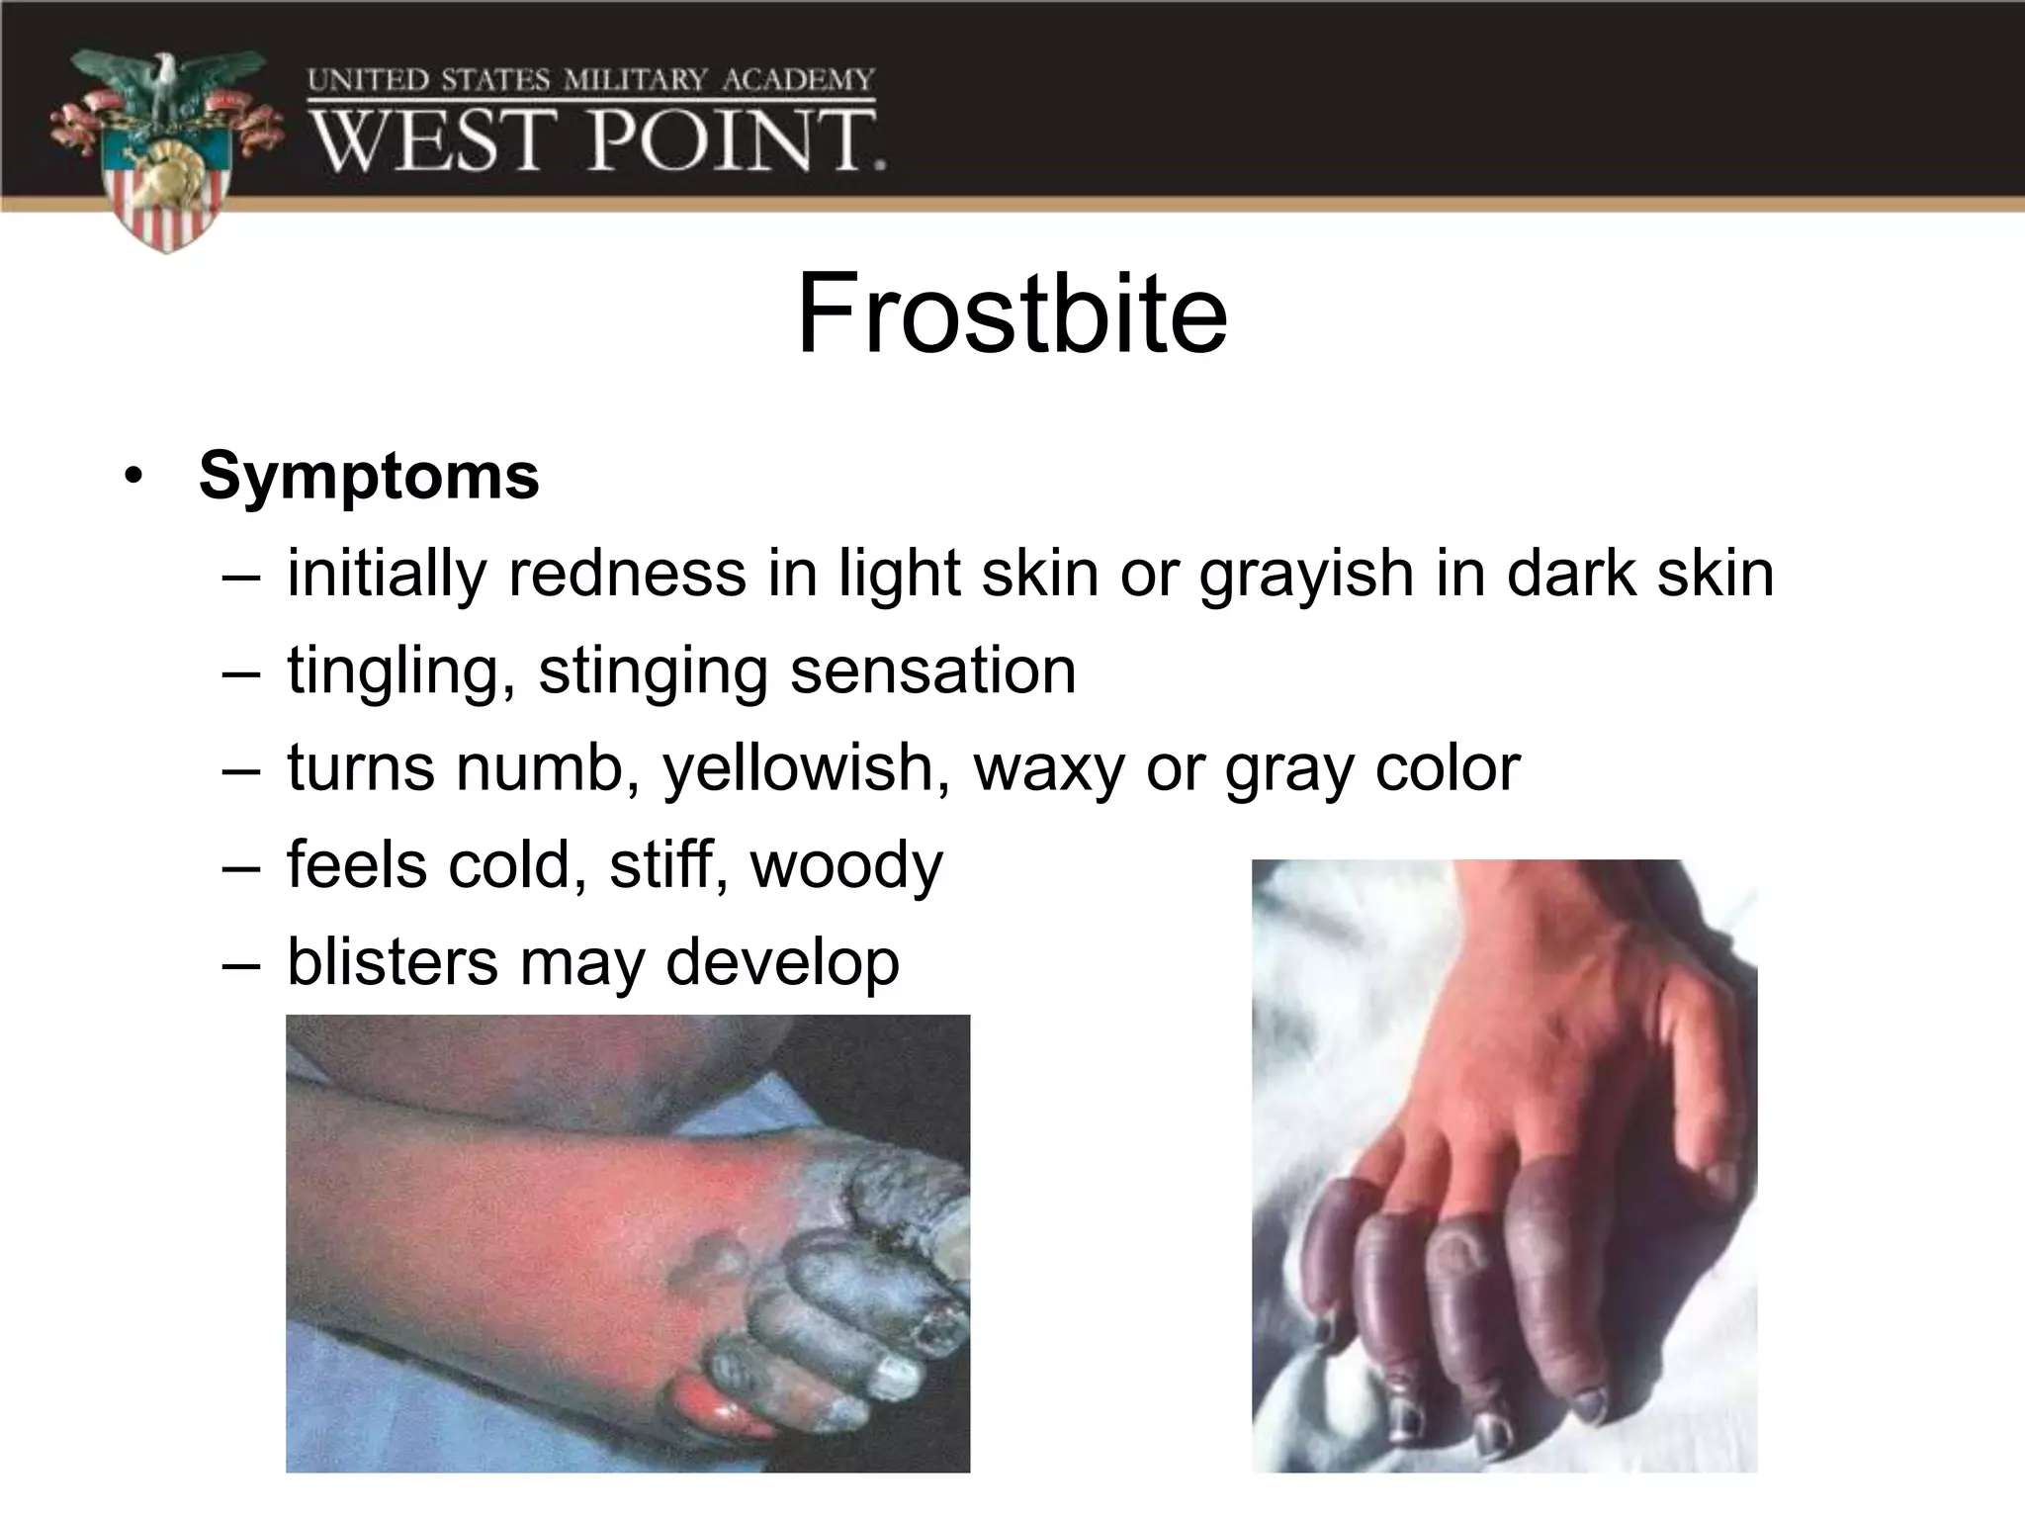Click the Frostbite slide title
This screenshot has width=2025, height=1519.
pyautogui.click(x=1012, y=314)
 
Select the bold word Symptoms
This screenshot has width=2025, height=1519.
pyautogui.click(x=369, y=476)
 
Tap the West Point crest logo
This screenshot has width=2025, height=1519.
pyautogui.click(x=166, y=148)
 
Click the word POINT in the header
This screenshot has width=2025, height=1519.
pyautogui.click(x=737, y=139)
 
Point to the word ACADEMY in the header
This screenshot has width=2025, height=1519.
pyautogui.click(x=798, y=79)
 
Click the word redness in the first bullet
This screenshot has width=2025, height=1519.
pyautogui.click(x=627, y=574)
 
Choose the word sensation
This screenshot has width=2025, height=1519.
pyautogui.click(x=932, y=670)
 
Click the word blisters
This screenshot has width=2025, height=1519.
pyautogui.click(x=393, y=961)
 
